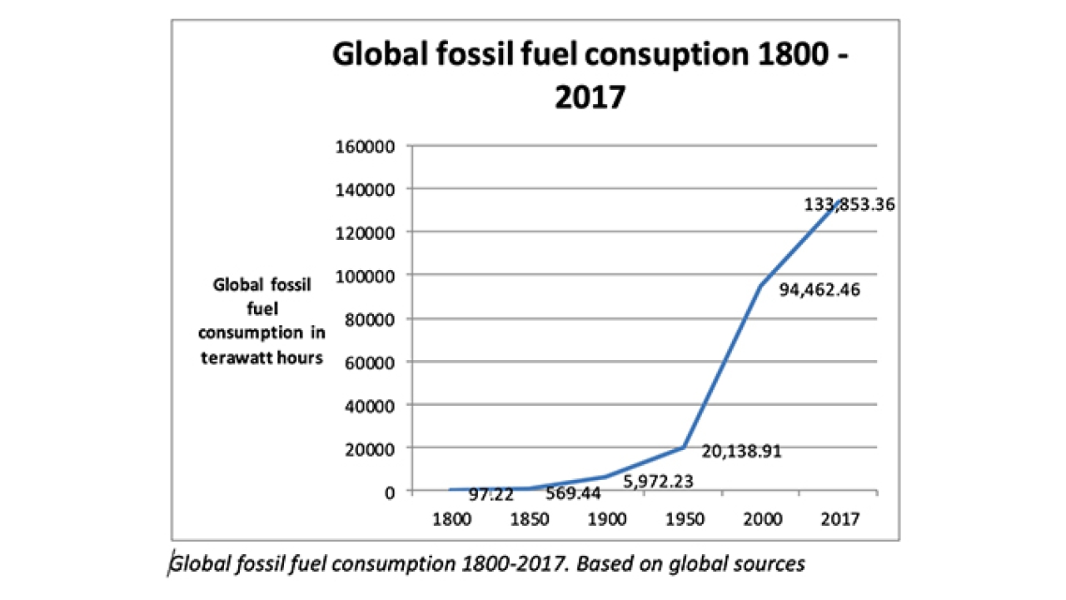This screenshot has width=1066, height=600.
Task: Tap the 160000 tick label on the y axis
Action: pyautogui.click(x=371, y=146)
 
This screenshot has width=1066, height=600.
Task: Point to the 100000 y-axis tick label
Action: pyautogui.click(x=371, y=275)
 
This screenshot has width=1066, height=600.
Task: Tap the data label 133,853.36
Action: pyautogui.click(x=849, y=204)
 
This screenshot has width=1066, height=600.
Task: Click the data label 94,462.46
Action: pyautogui.click(x=819, y=291)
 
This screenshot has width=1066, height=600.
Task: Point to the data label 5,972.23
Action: pyautogui.click(x=658, y=481)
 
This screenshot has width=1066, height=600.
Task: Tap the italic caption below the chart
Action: pyautogui.click(x=487, y=564)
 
